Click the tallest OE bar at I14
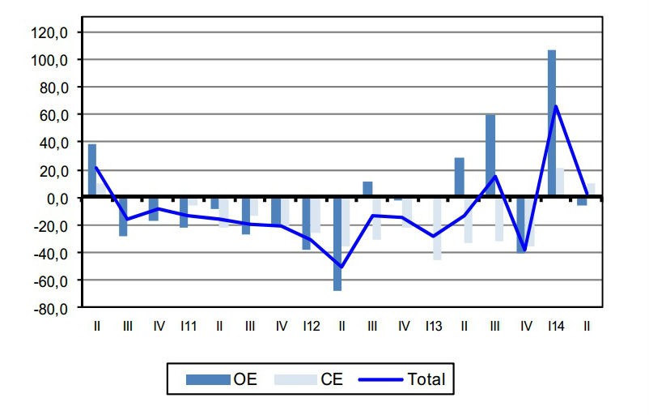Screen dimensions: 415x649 [551, 122]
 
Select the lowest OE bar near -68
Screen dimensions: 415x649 [337, 243]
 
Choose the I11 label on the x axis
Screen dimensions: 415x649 [189, 326]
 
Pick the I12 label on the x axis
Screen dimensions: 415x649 [311, 326]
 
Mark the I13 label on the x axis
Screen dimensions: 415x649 [433, 326]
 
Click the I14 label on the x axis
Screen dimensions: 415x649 [555, 326]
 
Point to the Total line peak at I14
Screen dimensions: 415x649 [556, 106]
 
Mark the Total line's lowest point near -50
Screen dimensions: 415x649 [341, 267]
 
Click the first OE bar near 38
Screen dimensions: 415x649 [92, 170]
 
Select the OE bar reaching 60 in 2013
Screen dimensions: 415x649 [490, 156]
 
